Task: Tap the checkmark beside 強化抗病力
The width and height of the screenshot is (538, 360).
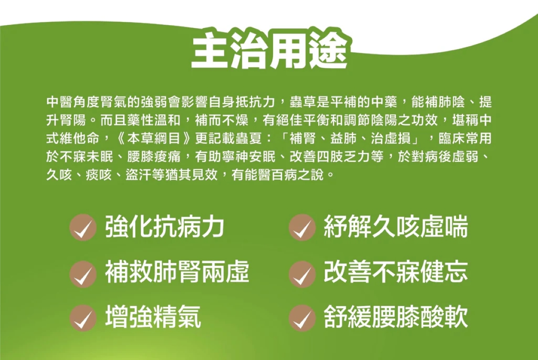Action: pos(83,227)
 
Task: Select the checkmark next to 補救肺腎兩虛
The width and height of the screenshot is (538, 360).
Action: pos(83,274)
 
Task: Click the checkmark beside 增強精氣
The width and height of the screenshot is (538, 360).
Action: pos(83,318)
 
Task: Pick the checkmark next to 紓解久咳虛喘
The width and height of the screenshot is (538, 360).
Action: pos(302,227)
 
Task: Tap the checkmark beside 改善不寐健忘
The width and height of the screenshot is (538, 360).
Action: pos(302,274)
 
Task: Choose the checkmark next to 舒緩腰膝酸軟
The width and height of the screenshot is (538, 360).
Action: pos(302,318)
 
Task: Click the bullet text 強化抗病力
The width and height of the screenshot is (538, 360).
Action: pos(165,226)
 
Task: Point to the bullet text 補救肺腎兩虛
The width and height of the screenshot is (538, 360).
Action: pos(177,272)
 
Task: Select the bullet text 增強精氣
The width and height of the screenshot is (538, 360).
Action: pos(153,317)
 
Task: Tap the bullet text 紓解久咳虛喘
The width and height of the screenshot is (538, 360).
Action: pos(396,226)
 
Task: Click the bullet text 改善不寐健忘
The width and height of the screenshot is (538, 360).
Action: pos(396,272)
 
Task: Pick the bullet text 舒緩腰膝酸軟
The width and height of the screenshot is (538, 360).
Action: pos(396,317)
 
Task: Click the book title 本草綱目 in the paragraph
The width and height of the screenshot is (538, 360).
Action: pos(154,139)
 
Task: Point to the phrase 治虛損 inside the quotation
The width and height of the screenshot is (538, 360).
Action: pos(391,139)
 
